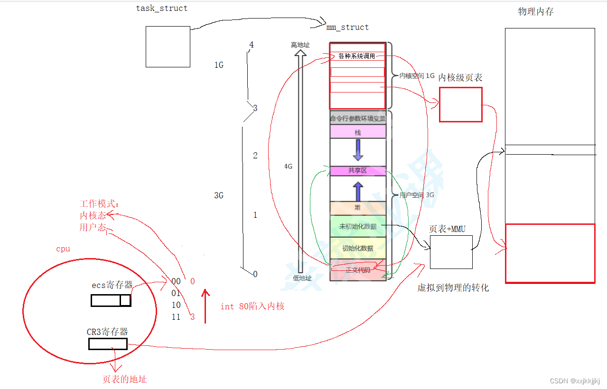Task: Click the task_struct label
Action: click(162, 8)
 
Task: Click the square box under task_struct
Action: click(168, 46)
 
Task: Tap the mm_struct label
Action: click(347, 27)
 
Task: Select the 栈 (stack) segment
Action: click(358, 131)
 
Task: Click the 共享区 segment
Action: click(358, 170)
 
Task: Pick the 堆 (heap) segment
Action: click(358, 208)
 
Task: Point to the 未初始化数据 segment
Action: click(358, 226)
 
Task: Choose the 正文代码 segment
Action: click(358, 270)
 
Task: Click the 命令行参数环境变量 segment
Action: click(358, 118)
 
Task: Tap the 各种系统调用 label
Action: click(357, 56)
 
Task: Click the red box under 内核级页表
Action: click(460, 104)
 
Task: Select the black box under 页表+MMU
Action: click(451, 251)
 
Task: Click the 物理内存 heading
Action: click(536, 12)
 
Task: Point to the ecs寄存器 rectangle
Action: click(111, 300)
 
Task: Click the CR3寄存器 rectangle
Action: click(108, 344)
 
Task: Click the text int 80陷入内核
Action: click(252, 306)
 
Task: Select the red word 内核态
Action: click(93, 215)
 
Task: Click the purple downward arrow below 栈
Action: click(358, 150)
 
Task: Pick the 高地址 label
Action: click(300, 45)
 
